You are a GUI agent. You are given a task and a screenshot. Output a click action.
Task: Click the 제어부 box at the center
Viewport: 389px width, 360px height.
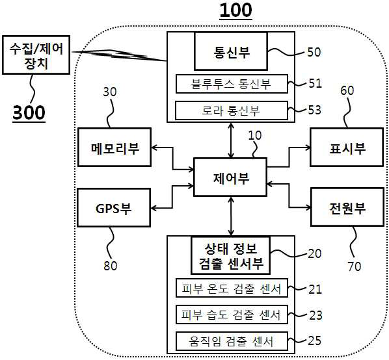click(230, 177)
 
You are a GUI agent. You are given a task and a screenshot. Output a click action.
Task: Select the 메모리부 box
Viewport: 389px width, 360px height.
click(114, 147)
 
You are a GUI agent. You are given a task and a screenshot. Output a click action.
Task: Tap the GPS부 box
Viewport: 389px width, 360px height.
click(114, 208)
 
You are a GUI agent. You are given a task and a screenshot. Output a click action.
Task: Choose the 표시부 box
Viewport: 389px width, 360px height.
click(347, 147)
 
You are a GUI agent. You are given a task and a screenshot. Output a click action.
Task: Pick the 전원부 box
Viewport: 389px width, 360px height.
click(347, 207)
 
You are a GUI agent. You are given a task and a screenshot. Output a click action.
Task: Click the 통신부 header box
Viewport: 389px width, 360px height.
click(231, 51)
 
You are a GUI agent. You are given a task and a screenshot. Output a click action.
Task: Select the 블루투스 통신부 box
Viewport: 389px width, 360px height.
click(232, 84)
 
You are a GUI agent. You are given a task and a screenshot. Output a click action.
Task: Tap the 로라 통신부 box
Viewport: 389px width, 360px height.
click(232, 110)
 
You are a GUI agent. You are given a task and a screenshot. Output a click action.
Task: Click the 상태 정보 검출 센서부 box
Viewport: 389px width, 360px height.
click(231, 255)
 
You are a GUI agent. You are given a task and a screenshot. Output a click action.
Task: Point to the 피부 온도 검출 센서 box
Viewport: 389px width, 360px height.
click(232, 288)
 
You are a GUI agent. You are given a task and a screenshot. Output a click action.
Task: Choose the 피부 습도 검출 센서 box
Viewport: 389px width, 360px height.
click(232, 315)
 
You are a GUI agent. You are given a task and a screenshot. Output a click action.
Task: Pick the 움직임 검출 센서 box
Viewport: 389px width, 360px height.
click(232, 341)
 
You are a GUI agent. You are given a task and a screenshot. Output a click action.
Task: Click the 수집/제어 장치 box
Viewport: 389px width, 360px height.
click(36, 55)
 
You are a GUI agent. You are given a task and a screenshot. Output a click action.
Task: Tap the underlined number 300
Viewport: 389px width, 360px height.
click(29, 113)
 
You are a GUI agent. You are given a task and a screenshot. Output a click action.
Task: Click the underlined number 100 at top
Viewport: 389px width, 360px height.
click(236, 10)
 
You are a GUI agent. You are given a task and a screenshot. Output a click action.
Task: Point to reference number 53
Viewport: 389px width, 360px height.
click(315, 110)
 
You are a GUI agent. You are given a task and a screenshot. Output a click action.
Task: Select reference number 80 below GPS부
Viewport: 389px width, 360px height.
click(111, 266)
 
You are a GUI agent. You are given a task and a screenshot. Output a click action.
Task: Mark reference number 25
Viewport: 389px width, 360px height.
click(315, 341)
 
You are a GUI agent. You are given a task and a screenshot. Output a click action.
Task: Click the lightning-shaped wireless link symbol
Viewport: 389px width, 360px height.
click(119, 55)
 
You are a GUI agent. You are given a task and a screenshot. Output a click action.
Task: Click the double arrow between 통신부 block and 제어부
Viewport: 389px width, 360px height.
click(231, 140)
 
